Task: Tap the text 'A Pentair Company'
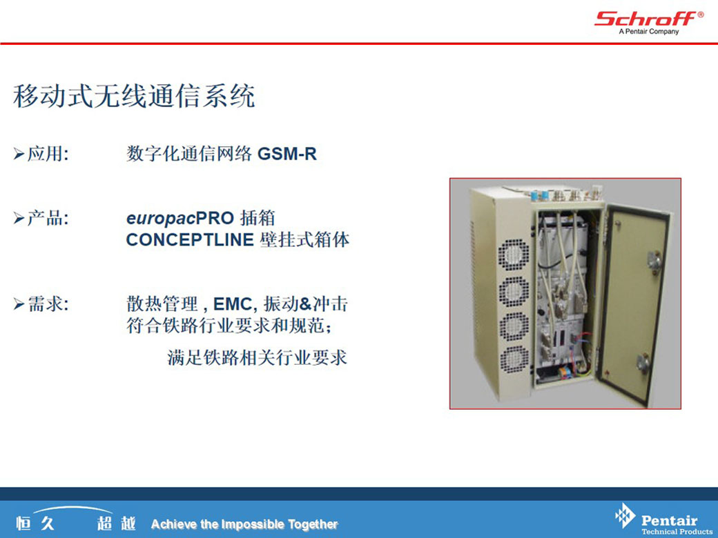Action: (x=648, y=32)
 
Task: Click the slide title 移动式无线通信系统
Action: (x=134, y=96)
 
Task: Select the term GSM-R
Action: (x=287, y=154)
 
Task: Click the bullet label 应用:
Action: (x=48, y=154)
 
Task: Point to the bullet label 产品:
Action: (x=48, y=218)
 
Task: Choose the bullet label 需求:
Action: (x=48, y=303)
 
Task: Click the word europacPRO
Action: (x=180, y=218)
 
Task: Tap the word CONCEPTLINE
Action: (x=190, y=240)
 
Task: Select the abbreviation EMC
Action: (x=233, y=303)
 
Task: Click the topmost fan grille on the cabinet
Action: (x=514, y=255)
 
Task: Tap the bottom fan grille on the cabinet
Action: (x=514, y=359)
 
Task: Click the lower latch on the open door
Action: (x=643, y=363)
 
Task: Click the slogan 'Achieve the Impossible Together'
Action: (x=244, y=524)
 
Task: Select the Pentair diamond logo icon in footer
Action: (x=625, y=516)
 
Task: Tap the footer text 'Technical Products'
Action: (x=677, y=532)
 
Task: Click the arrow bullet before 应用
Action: (x=19, y=155)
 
